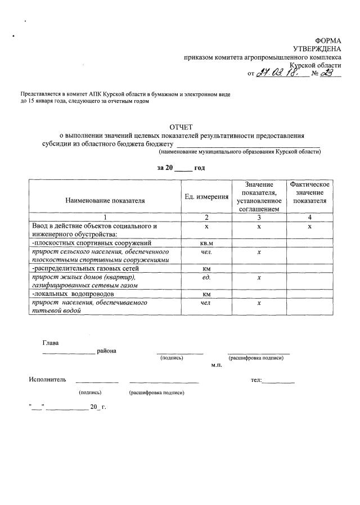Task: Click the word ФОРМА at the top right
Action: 327,41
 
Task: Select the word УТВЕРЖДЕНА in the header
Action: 317,49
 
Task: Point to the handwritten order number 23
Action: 327,73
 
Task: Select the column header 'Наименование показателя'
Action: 105,200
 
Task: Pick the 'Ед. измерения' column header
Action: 206,196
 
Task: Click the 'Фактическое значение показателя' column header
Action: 309,192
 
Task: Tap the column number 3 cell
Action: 259,217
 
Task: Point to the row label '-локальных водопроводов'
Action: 74,294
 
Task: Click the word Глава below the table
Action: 50,342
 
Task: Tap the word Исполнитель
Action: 47,380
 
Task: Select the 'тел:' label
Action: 256,380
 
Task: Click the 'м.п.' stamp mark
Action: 217,365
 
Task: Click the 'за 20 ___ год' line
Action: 181,168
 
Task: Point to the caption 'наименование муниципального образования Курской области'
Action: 240,152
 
